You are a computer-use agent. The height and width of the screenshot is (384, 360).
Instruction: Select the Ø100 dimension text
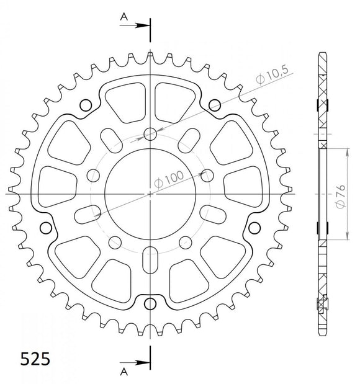169,178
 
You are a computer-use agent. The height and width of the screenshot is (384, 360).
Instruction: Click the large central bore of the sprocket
150,194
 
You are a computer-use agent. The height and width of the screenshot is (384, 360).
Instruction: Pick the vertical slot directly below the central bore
150,259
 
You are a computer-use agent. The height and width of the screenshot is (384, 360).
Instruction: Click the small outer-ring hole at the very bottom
150,303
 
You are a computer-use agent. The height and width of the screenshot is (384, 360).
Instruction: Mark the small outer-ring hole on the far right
254,228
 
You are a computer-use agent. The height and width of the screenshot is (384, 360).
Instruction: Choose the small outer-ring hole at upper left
86,103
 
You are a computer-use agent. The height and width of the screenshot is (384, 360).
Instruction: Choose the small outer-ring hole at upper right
214,103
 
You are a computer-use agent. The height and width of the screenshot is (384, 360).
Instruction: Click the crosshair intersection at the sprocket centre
150,194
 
